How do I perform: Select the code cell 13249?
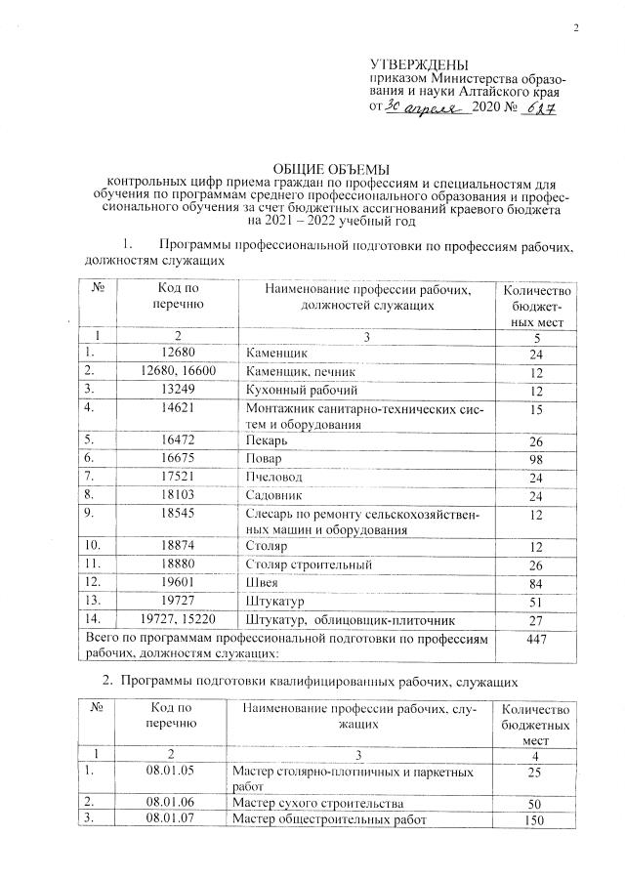tap(177, 391)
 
